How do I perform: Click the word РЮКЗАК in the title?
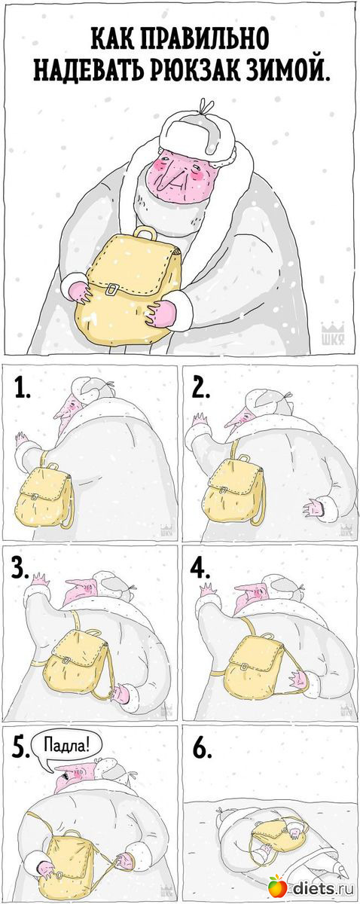(209, 71)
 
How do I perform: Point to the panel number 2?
(201, 389)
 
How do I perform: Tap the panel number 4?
(201, 569)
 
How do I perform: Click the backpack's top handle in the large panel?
(145, 233)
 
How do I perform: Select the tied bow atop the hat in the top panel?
(206, 106)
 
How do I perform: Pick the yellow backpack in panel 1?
(44, 494)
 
